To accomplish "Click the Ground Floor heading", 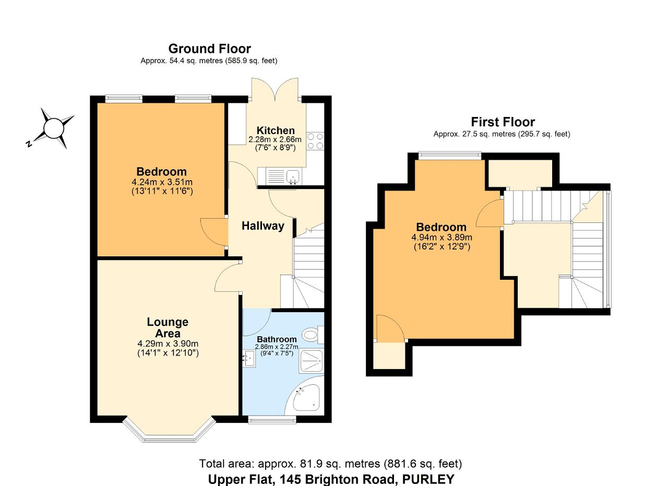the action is click(210, 49).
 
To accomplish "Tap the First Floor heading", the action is click(503, 122).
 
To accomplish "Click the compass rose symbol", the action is click(51, 128).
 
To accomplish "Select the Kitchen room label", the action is click(276, 131).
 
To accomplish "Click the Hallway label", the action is click(263, 226).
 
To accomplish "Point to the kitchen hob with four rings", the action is click(315, 141).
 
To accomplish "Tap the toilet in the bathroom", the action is click(313, 335).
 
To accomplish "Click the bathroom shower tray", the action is click(312, 361).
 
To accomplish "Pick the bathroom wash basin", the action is click(249, 358).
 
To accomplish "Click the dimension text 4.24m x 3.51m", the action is click(162, 182).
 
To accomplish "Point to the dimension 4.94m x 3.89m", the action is click(442, 238).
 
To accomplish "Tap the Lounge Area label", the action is click(168, 328).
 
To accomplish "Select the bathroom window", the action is click(272, 420).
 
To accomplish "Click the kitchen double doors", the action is click(275, 89).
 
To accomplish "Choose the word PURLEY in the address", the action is click(428, 479).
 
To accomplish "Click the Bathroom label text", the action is click(277, 339).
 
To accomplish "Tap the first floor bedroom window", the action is click(450, 155).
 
